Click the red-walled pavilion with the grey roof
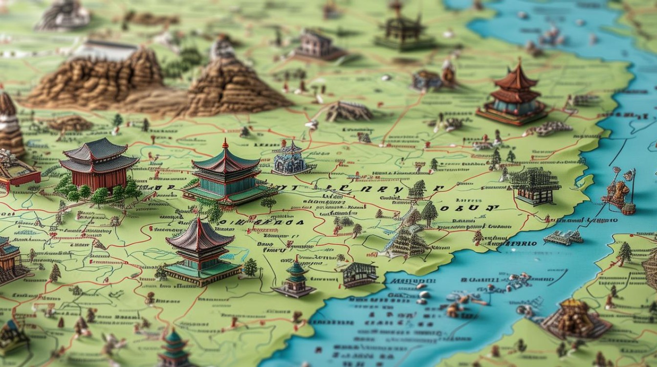click(99, 164)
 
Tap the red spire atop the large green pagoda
click(225, 143)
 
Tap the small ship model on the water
click(564, 237)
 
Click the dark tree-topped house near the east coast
click(535, 185)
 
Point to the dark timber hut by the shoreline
click(360, 275)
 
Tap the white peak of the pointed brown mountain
click(223, 48)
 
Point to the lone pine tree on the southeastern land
click(625, 252)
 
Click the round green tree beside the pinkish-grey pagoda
click(250, 267)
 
